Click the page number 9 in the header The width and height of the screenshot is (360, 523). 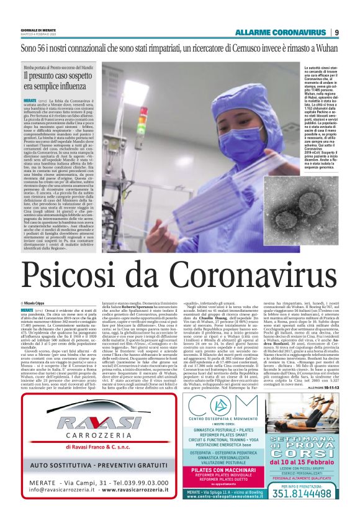click(x=336, y=32)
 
